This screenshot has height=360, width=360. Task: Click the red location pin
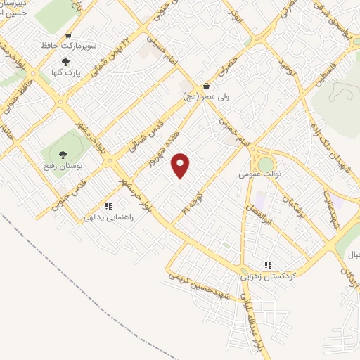(181, 165)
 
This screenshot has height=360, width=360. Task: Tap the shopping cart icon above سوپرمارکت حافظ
(68, 37)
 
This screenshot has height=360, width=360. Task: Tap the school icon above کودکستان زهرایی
(268, 265)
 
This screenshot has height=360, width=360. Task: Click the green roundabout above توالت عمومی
(266, 165)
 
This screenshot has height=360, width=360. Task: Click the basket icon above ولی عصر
(206, 86)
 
